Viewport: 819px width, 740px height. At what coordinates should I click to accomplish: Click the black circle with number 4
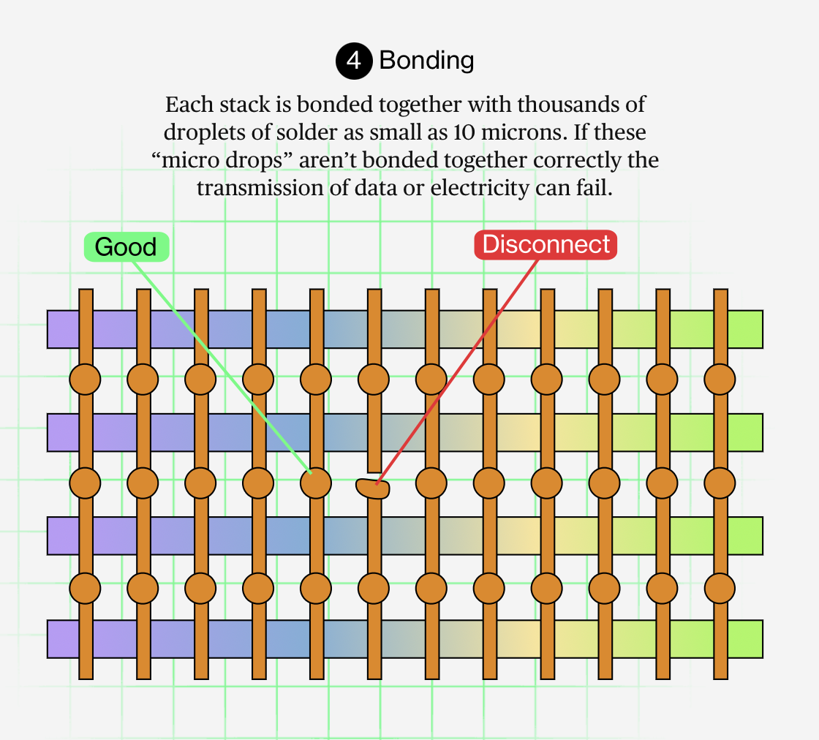353,61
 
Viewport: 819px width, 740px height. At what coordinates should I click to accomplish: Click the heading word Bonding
426,60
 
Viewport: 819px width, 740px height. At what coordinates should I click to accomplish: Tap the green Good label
126,247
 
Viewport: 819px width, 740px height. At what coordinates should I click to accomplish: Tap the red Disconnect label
546,244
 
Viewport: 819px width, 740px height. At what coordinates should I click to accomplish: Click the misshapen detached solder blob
373,488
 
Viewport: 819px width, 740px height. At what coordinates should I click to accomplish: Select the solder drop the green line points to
317,483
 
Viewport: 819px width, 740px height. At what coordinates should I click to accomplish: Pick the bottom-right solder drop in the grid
720,586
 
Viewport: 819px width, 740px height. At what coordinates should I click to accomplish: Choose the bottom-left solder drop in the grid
85,586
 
